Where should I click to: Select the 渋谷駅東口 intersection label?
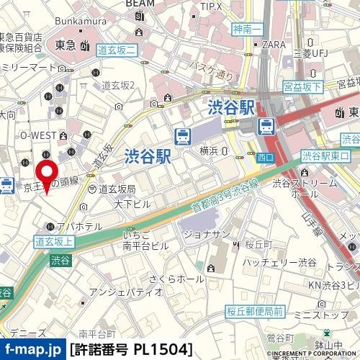[326, 155]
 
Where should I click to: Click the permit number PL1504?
[132, 349]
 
